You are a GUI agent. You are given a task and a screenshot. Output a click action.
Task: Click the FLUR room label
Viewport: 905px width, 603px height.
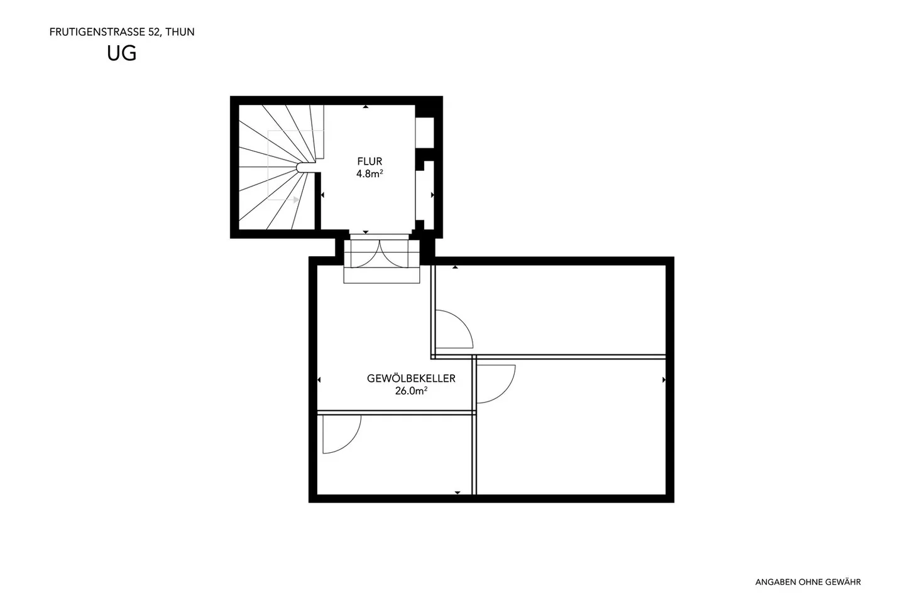(x=370, y=161)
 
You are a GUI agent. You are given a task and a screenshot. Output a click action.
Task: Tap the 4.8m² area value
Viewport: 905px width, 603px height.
(x=370, y=174)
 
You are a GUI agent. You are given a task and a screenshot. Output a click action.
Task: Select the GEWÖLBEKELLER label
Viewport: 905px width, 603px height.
(x=411, y=379)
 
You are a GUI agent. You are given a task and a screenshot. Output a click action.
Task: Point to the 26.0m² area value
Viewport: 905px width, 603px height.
(x=411, y=391)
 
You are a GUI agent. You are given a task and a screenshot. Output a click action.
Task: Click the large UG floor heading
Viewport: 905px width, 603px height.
(x=122, y=54)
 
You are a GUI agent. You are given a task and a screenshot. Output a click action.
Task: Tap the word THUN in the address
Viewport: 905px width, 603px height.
(x=180, y=32)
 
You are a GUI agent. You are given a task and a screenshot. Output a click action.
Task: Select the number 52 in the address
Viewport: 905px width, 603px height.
(x=153, y=32)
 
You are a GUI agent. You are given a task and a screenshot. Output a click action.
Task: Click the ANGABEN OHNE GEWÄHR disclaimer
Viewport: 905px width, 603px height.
(x=808, y=582)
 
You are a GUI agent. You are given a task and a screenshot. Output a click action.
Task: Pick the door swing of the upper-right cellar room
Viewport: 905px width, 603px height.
(x=454, y=329)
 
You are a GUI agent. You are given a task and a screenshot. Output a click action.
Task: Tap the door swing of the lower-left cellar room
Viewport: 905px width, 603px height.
(x=341, y=434)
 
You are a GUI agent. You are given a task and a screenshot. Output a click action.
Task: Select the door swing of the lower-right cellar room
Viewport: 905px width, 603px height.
(x=496, y=383)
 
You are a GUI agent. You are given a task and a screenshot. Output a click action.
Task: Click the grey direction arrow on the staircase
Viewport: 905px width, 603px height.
(x=295, y=200)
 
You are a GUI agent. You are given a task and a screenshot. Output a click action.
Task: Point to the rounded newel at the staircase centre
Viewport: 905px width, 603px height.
(x=305, y=166)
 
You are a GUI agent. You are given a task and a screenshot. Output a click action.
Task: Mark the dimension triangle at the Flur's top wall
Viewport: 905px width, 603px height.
(x=366, y=107)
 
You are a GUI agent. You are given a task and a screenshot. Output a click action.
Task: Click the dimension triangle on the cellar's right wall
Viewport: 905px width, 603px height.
(x=664, y=380)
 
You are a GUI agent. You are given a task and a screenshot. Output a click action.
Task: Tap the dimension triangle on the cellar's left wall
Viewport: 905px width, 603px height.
(x=319, y=380)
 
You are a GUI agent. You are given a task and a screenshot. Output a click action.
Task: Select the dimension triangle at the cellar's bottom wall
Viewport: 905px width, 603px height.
(x=458, y=492)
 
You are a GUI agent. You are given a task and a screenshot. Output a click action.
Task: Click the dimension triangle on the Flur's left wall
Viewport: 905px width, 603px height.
(x=322, y=195)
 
